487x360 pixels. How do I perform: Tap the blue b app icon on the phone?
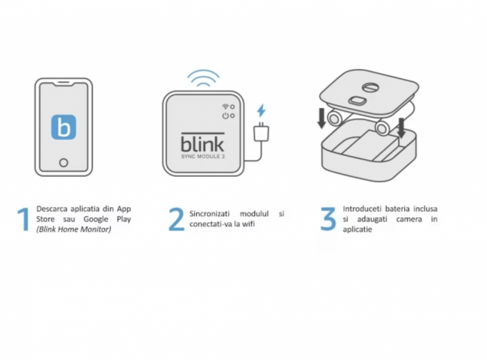pyautogui.click(x=63, y=127)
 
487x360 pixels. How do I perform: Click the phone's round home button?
pyautogui.click(x=63, y=162)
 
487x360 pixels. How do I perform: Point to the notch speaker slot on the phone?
pyautogui.click(x=64, y=83)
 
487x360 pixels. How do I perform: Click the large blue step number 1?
pyautogui.click(x=23, y=219)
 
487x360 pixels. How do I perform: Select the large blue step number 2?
pyautogui.click(x=176, y=219)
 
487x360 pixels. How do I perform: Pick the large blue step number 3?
pyautogui.click(x=328, y=219)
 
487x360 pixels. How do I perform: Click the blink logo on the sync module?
pyautogui.click(x=202, y=142)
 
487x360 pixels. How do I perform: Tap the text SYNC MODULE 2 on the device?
pyautogui.click(x=203, y=156)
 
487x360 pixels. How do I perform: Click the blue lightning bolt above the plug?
pyautogui.click(x=261, y=111)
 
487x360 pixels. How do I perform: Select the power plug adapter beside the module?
pyautogui.click(x=261, y=132)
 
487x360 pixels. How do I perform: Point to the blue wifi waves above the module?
pyautogui.click(x=203, y=78)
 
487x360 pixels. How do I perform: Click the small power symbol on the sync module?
pyautogui.click(x=225, y=116)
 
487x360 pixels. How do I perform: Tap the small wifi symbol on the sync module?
pyautogui.click(x=225, y=107)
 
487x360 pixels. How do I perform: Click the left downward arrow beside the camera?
pyautogui.click(x=321, y=118)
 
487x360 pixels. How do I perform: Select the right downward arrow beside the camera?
pyautogui.click(x=401, y=127)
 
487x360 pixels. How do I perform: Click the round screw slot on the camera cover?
pyautogui.click(x=371, y=87)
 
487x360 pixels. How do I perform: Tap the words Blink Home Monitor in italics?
pyautogui.click(x=74, y=229)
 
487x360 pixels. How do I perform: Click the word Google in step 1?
pyautogui.click(x=96, y=219)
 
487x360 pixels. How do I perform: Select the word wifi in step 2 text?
pyautogui.click(x=248, y=224)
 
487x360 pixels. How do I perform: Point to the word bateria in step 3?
pyautogui.click(x=397, y=209)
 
